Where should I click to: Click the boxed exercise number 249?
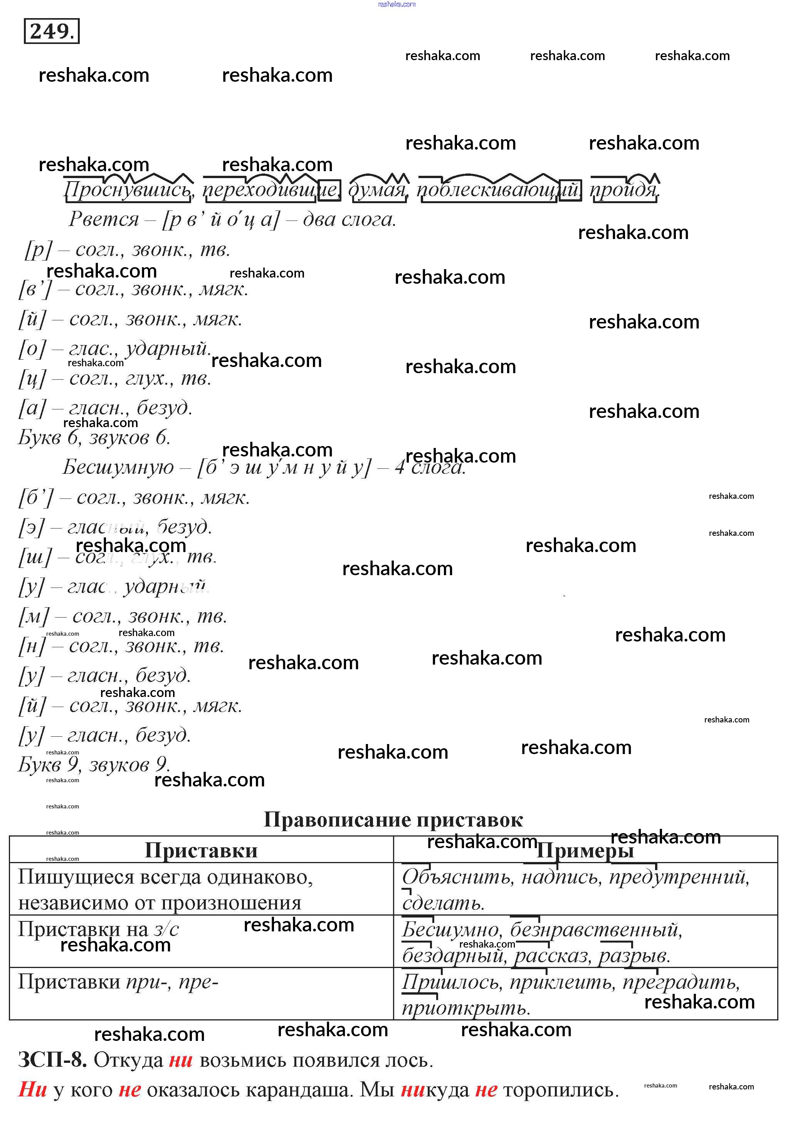click(52, 32)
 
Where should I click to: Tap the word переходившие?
click(270, 190)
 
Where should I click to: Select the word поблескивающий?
click(498, 190)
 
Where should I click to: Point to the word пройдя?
click(623, 190)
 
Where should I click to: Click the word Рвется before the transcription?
click(104, 219)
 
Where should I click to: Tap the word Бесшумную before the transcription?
click(118, 467)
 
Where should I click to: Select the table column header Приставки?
click(201, 850)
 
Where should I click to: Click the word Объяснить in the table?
click(457, 877)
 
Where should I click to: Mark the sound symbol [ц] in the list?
click(32, 378)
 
